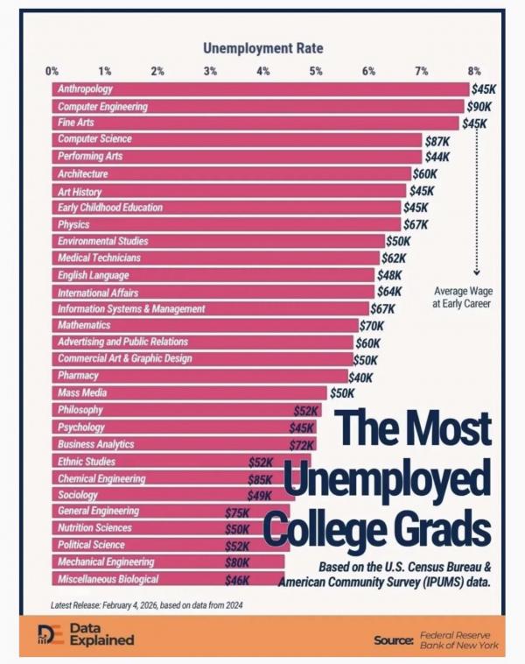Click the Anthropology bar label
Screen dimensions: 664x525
tap(85, 89)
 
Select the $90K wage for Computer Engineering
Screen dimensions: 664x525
tap(479, 106)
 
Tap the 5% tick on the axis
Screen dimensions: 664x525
tap(316, 70)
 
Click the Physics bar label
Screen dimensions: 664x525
tap(73, 224)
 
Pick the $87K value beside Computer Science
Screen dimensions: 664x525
tap(437, 140)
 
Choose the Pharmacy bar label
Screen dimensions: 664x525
tap(78, 376)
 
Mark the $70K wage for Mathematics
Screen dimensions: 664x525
tap(373, 326)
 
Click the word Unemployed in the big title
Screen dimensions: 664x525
tap(387, 481)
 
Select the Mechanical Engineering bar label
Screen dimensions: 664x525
tap(106, 562)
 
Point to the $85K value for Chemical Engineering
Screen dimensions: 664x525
tap(260, 479)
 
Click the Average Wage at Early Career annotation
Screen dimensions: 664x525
tap(463, 298)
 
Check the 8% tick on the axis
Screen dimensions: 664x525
tap(474, 70)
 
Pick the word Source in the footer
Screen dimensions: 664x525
tap(393, 640)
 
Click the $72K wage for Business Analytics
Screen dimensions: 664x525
tap(303, 445)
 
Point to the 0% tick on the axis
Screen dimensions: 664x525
tap(52, 70)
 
